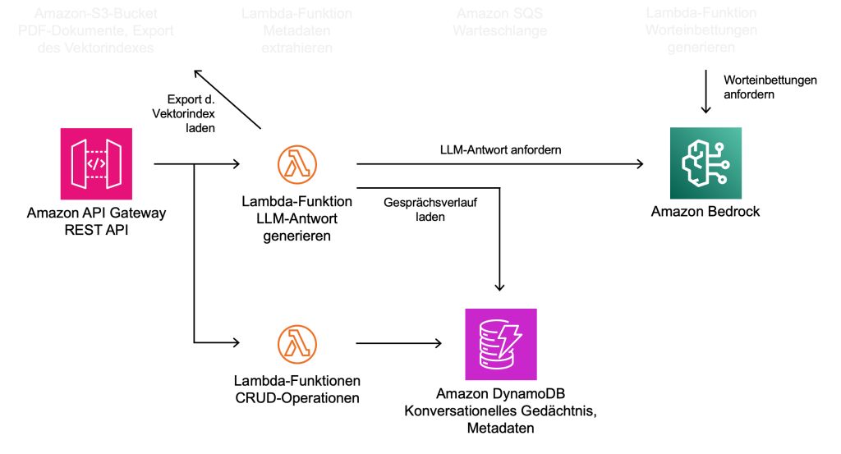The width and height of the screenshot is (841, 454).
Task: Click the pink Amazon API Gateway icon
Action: point(96,163)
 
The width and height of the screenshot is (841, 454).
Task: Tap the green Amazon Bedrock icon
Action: point(705,163)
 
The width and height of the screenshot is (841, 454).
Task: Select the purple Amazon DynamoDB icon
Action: point(500,344)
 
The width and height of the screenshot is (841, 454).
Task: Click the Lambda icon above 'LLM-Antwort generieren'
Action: point(296,164)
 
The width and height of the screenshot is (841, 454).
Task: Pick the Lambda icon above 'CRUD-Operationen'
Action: point(296,343)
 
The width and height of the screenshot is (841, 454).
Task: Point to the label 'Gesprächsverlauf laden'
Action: point(414,209)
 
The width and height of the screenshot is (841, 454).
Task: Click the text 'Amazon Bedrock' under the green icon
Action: point(705,212)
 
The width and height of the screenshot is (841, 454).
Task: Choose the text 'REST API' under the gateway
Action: point(96,229)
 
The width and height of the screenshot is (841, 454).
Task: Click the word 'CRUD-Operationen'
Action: point(296,398)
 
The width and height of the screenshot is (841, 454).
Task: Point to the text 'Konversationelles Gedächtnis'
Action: point(500,412)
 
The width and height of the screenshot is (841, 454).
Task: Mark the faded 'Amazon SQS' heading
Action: point(500,15)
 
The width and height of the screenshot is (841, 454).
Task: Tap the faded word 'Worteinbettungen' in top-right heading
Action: point(701,30)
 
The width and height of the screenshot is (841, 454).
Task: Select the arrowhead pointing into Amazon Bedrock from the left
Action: point(639,164)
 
